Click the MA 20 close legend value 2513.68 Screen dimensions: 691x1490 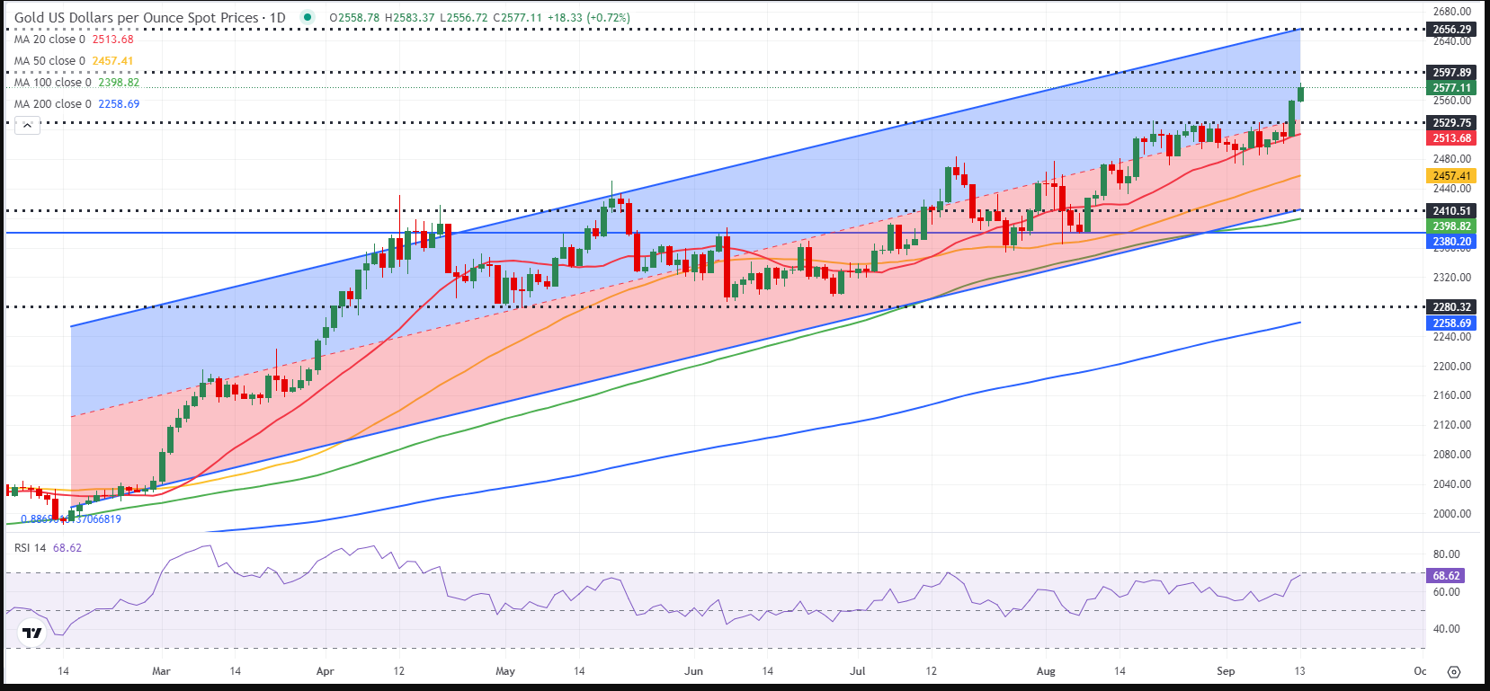[x=112, y=40]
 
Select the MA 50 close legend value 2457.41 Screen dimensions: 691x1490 [x=112, y=61]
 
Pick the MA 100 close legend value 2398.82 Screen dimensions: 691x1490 [x=119, y=83]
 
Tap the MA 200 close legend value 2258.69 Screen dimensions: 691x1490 [x=119, y=104]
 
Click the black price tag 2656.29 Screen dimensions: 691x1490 [x=1451, y=30]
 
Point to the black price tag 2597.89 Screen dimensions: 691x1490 [x=1451, y=73]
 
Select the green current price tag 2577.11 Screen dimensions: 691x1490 [x=1451, y=88]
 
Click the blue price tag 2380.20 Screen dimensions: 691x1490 [x=1451, y=242]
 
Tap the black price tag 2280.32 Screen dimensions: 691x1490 [x=1451, y=307]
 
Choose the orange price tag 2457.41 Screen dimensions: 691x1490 [x=1451, y=176]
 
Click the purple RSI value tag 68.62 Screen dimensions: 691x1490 [x=1446, y=576]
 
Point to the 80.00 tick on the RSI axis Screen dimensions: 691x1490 [x=1446, y=554]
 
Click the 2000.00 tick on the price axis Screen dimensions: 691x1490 [x=1451, y=514]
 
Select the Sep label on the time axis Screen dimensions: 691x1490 [x=1226, y=671]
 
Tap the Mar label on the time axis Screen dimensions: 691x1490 [x=161, y=671]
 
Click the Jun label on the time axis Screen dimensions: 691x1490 [x=693, y=671]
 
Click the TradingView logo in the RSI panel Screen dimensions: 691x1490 [x=32, y=633]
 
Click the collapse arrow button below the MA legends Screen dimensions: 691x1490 [x=27, y=126]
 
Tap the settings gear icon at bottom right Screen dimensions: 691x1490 [x=1454, y=672]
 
